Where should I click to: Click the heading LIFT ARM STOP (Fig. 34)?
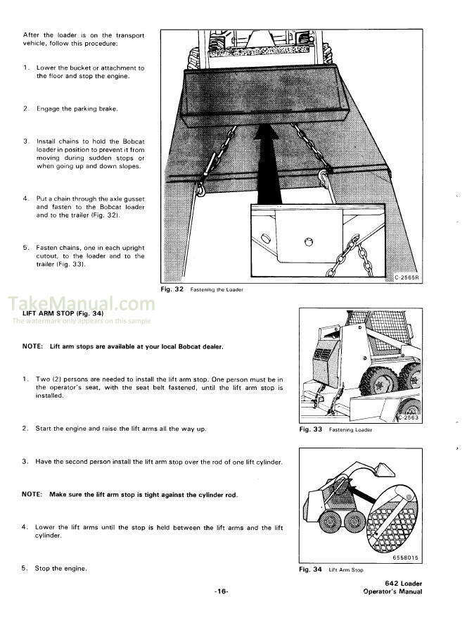tap(63, 313)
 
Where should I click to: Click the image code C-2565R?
tap(406, 277)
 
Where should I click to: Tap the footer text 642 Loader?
tap(404, 584)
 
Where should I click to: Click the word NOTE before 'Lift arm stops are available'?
tap(32, 346)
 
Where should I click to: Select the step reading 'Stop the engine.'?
tap(61, 568)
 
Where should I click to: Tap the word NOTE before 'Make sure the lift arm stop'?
tap(32, 495)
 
